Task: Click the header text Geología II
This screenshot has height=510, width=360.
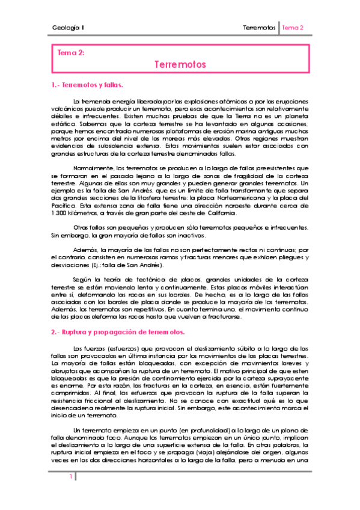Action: pyautogui.click(x=68, y=28)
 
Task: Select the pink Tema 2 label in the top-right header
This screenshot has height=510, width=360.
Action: pyautogui.click(x=293, y=28)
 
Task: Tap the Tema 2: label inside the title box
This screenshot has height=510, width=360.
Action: pyautogui.click(x=70, y=53)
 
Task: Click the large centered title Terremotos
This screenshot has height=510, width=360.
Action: pyautogui.click(x=180, y=64)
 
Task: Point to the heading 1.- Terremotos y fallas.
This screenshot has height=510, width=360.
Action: pyautogui.click(x=87, y=85)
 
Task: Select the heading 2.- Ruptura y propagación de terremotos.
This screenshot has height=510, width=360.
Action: pyautogui.click(x=117, y=331)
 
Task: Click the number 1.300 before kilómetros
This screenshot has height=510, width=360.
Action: pyautogui.click(x=59, y=214)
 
